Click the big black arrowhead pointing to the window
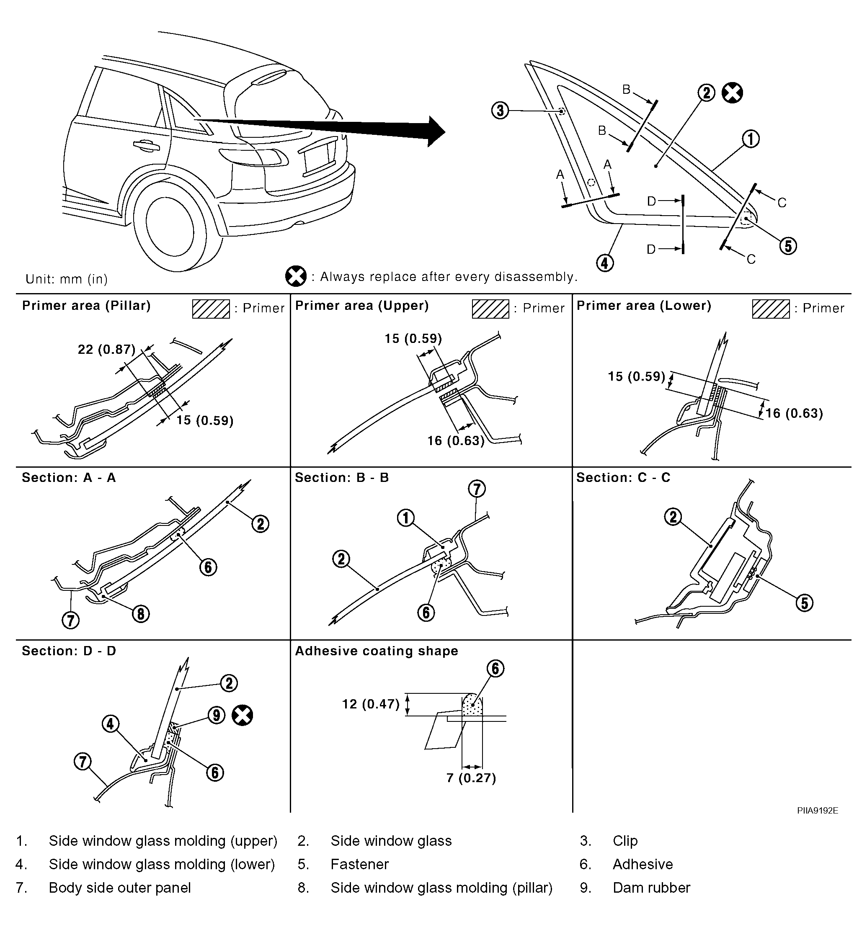[x=436, y=131]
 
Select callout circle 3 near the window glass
[x=501, y=111]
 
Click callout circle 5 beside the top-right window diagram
[x=788, y=246]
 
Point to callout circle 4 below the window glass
[x=605, y=263]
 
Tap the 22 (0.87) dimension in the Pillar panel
[x=106, y=349]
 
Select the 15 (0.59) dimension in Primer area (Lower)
[x=636, y=376]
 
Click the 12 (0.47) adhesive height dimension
[x=371, y=704]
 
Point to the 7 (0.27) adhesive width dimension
[x=471, y=778]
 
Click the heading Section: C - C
[x=623, y=477]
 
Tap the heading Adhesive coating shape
[x=377, y=651]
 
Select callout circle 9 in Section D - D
[x=216, y=715]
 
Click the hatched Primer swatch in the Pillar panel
[x=211, y=309]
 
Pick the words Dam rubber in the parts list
[x=651, y=887]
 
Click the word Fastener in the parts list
[x=360, y=864]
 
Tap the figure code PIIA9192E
[x=818, y=811]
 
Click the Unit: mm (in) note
[x=67, y=279]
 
